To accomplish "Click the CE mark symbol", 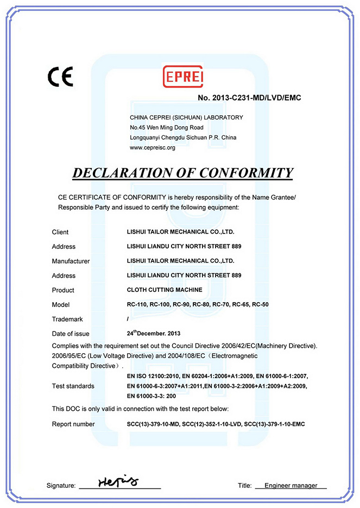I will click(x=60, y=77).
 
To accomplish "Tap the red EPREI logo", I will click(x=183, y=77).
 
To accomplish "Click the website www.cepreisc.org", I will click(x=153, y=147).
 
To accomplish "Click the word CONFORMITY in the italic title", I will click(x=246, y=173).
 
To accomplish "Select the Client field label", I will click(x=60, y=232).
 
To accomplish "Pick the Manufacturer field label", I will click(x=71, y=261).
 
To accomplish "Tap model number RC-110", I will click(x=135, y=304).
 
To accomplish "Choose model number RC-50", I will click(x=261, y=304).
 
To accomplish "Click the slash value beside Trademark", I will click(x=128, y=319).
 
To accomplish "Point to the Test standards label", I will click(x=73, y=386).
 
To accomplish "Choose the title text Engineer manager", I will click(x=290, y=485).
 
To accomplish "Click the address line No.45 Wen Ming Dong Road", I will click(x=167, y=127).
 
